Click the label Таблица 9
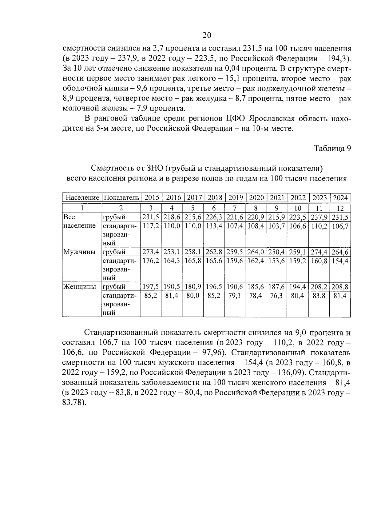[x=332, y=148]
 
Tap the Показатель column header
[x=121, y=197]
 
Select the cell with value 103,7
[x=276, y=226]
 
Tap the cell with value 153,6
[x=276, y=261]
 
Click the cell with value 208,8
[x=340, y=287]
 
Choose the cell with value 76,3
[x=276, y=295]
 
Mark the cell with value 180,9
[x=192, y=287]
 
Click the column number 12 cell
[x=340, y=208]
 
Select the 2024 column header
[x=340, y=197]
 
